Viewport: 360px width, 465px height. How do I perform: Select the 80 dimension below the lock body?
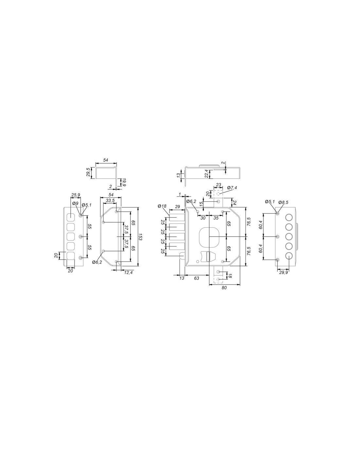[224, 288]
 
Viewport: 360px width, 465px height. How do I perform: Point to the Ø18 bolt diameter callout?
[162, 206]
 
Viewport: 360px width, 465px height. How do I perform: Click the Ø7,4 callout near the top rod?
[232, 188]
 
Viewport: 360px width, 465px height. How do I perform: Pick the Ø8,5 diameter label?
[283, 202]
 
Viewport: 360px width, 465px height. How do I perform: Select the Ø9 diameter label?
[75, 203]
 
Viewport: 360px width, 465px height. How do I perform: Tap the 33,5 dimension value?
[110, 200]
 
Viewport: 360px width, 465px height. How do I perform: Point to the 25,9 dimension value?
[76, 195]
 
